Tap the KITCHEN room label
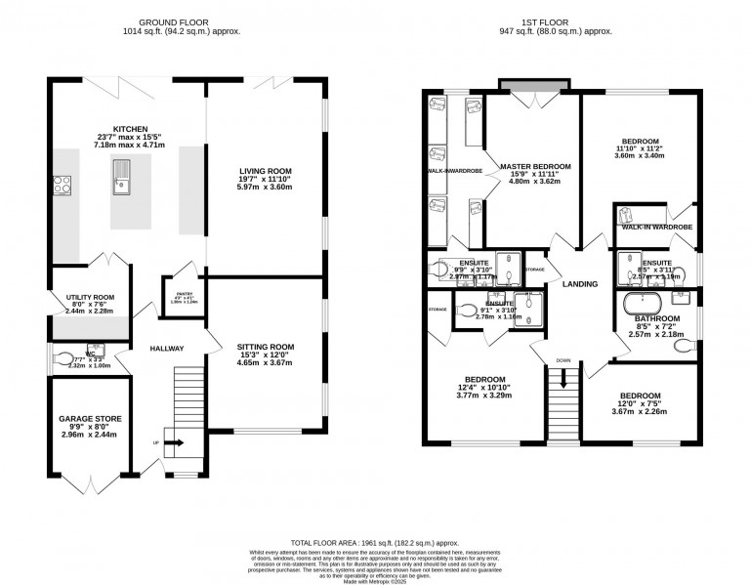point(130,129)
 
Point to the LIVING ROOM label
point(266,172)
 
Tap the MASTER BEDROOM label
point(534,166)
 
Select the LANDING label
point(579,283)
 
